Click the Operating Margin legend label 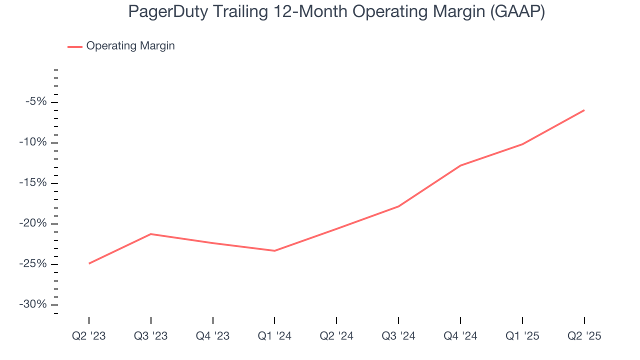(130, 46)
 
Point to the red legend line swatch (75, 46)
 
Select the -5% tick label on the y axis (36, 102)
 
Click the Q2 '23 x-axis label (89, 336)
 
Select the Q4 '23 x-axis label (213, 336)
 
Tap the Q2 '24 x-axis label (336, 336)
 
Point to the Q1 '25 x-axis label (522, 336)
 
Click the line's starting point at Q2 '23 (89, 263)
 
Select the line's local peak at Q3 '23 (151, 234)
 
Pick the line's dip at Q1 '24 (274, 251)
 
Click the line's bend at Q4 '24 (460, 165)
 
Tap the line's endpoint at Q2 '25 (584, 110)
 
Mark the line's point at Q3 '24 (398, 206)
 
